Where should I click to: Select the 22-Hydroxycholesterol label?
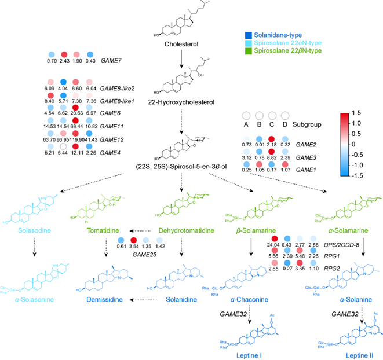(x=183, y=102)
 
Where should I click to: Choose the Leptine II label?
(x=337, y=352)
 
